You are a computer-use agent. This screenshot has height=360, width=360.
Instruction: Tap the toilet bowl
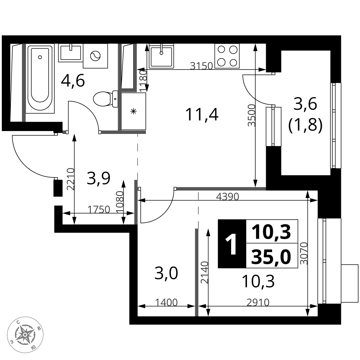coord(105,99)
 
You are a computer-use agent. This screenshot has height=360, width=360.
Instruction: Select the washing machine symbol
coord(95,56)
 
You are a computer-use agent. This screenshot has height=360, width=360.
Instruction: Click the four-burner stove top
coord(227,56)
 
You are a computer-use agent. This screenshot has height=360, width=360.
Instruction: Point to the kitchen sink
coord(161,56)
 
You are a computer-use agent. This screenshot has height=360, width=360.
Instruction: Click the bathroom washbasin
coord(71,53)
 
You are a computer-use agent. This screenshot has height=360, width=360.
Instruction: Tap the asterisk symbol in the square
coord(133,112)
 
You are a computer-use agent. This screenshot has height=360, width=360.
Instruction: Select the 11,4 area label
coord(202,114)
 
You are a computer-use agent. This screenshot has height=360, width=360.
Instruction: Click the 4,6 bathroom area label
coord(73,80)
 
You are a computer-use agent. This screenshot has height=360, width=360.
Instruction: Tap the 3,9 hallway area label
coord(99,179)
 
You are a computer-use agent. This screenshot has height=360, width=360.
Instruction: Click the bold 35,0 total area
coord(271,257)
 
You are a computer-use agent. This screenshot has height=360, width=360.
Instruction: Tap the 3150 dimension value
coord(202,66)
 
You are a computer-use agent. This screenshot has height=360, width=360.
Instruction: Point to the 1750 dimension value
coord(99,210)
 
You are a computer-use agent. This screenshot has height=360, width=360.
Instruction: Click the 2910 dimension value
coord(258,303)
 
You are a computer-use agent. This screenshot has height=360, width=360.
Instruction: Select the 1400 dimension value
coord(166,303)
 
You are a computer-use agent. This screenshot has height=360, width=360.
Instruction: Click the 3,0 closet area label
coord(166,274)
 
